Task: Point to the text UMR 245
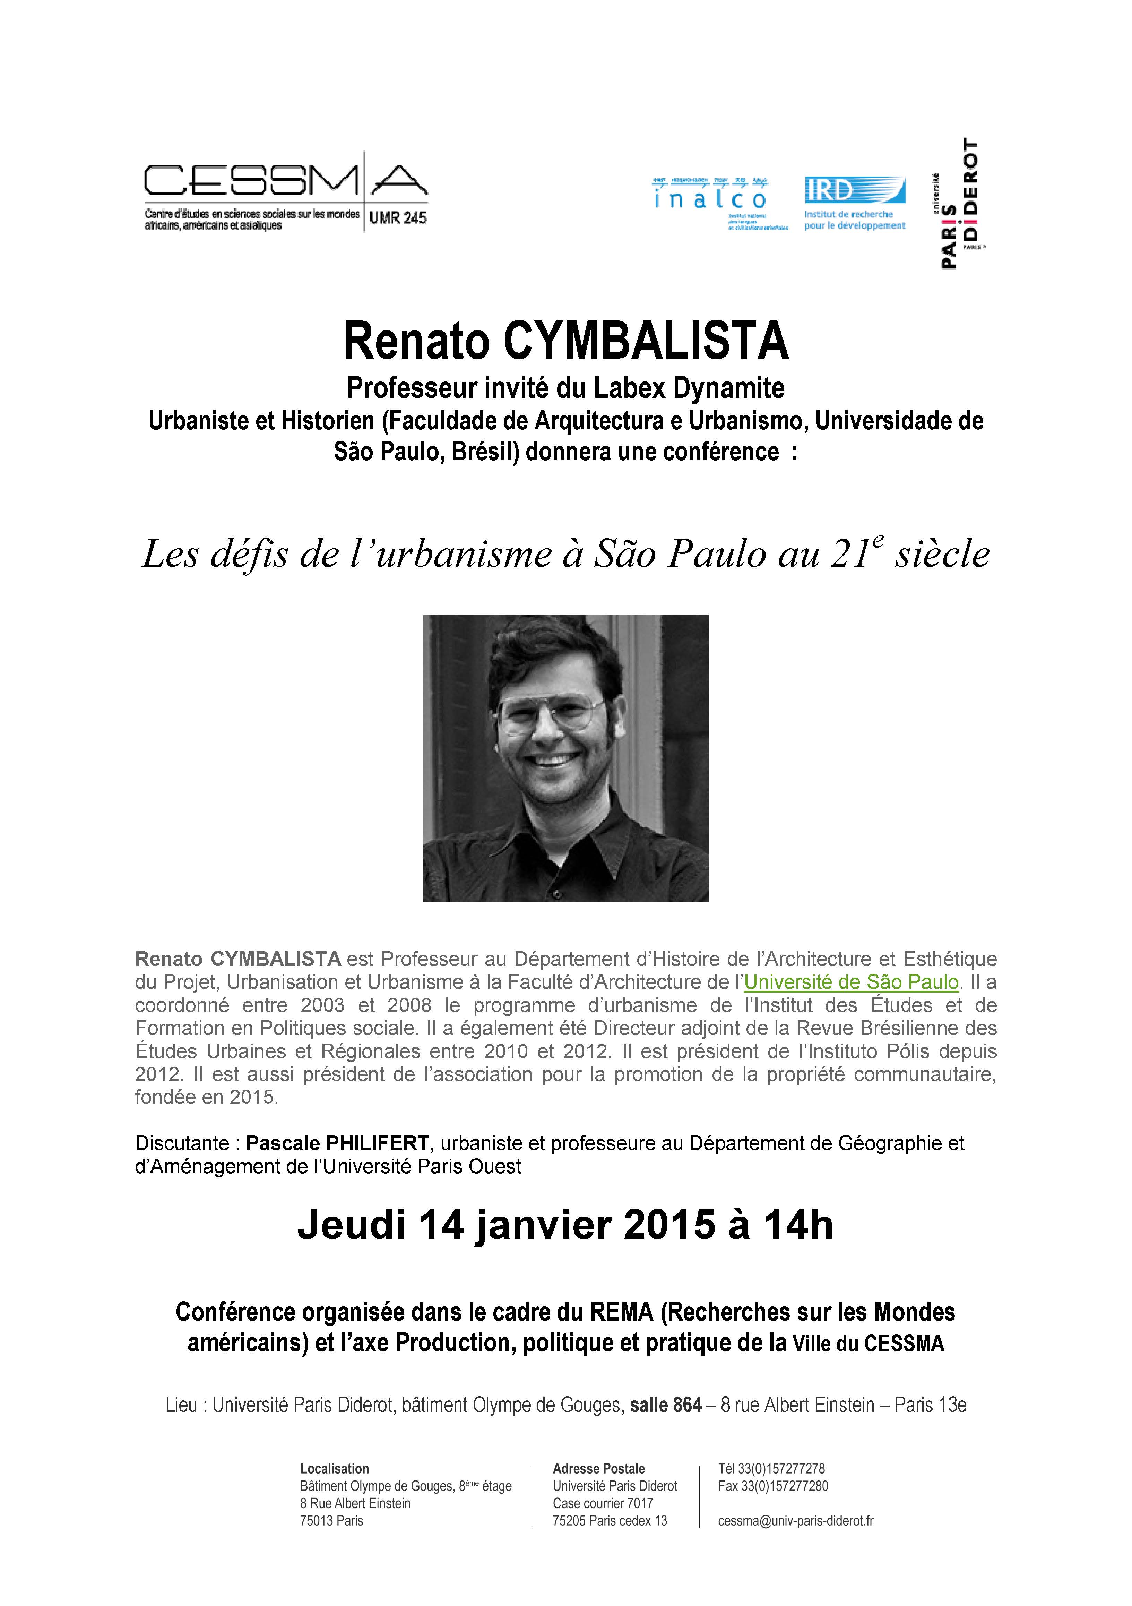click(397, 218)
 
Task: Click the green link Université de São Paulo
click(851, 982)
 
